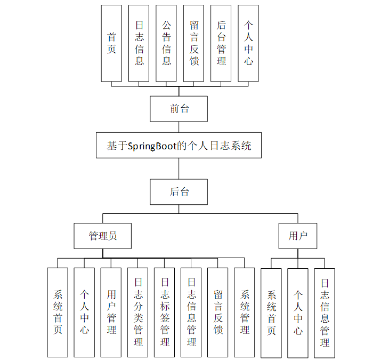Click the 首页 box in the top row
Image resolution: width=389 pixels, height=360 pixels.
point(111,43)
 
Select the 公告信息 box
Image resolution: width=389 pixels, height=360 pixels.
point(166,43)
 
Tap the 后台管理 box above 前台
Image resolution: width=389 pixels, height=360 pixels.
point(221,43)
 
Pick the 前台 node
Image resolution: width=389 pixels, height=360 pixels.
point(179,109)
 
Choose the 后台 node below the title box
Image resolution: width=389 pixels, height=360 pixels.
point(179,192)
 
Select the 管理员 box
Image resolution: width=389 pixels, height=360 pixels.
point(102,236)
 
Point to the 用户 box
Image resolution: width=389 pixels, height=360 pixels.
point(297,236)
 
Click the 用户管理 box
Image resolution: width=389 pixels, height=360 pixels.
point(111,312)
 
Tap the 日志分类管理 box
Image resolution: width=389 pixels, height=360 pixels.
point(138,312)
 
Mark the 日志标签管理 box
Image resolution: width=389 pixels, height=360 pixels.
point(165,312)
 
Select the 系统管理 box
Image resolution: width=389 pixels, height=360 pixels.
point(245,312)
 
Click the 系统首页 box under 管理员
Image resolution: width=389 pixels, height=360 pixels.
point(58,312)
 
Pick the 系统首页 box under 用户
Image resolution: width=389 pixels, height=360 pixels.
point(271,313)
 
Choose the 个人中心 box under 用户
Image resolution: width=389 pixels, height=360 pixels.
point(298,313)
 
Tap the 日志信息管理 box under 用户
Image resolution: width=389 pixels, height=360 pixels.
point(325,313)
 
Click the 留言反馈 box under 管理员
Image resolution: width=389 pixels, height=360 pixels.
point(218,312)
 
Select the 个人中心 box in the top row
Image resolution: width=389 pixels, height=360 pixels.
point(248,43)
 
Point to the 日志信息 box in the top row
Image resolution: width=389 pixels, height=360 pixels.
point(139,43)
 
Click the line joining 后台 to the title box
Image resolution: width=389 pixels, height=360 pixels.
point(179,169)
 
